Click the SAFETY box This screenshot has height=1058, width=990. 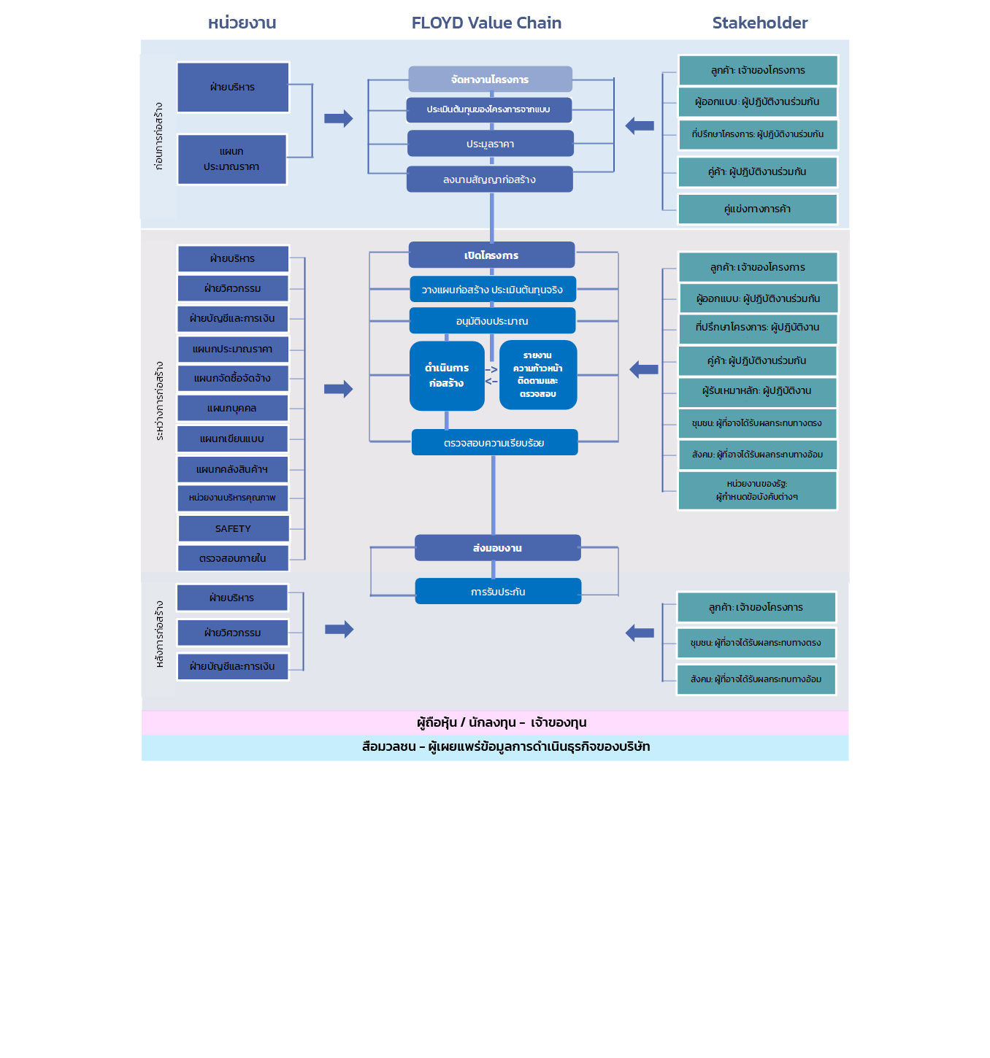tap(233, 528)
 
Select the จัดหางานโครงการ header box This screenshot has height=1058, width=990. tap(490, 80)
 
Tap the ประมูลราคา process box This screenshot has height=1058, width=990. tap(490, 144)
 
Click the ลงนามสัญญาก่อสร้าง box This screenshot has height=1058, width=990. tap(489, 179)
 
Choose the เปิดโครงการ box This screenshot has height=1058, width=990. tap(491, 255)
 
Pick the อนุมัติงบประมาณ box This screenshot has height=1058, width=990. tap(492, 321)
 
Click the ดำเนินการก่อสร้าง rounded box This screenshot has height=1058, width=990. tap(447, 376)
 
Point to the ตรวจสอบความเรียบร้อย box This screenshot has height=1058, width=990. tap(494, 443)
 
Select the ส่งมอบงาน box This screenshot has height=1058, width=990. tap(497, 548)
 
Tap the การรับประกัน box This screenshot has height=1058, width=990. tap(498, 592)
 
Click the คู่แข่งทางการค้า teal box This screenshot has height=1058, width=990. tap(757, 209)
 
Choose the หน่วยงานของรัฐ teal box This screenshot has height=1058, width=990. tap(757, 490)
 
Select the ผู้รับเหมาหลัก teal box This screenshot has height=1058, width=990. tap(757, 391)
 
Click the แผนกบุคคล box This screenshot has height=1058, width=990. tap(232, 408)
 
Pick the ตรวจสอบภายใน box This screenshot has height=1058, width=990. tap(233, 558)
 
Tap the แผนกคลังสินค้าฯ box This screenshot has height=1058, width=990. tap(232, 469)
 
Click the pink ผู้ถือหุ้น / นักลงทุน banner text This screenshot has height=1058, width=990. tap(502, 722)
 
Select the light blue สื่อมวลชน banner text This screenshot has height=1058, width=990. tap(506, 746)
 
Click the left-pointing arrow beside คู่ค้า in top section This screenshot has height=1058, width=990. tap(640, 126)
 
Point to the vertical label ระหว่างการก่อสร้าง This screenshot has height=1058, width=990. tap(159, 401)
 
